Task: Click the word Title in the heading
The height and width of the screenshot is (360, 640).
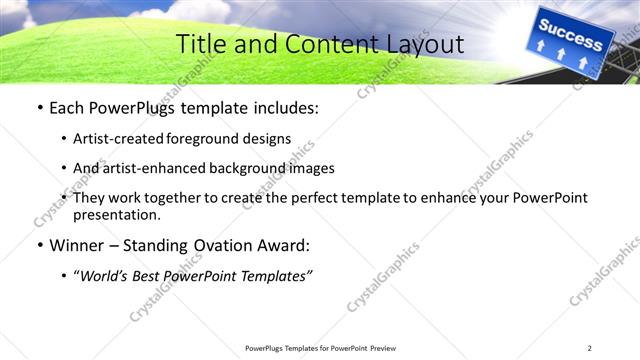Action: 200,44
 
